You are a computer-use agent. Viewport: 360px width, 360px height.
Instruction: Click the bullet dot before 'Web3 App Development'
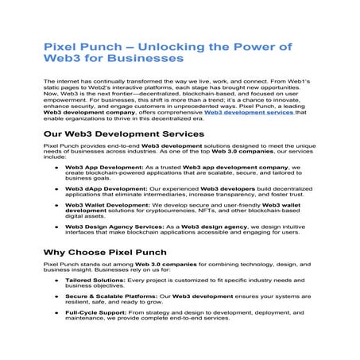click(x=56, y=168)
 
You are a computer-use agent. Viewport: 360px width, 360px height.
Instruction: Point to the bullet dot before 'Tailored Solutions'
click(x=56, y=280)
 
